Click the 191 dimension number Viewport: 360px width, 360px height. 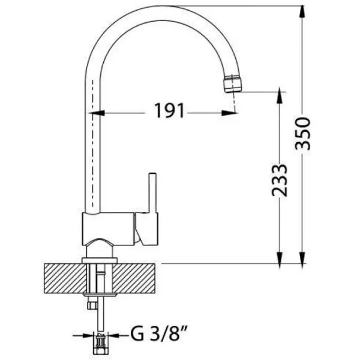pos(169,110)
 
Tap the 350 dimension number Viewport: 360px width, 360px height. pos(302,133)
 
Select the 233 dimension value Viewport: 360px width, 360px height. pos(280,181)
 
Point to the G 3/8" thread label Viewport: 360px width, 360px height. pos(159,334)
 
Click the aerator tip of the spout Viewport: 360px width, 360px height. pos(233,83)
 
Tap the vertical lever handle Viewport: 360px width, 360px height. pos(152,193)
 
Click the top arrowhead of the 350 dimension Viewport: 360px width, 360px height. pos(302,11)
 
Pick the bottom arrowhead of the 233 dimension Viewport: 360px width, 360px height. pos(280,257)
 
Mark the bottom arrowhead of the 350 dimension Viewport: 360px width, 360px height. pos(302,257)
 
